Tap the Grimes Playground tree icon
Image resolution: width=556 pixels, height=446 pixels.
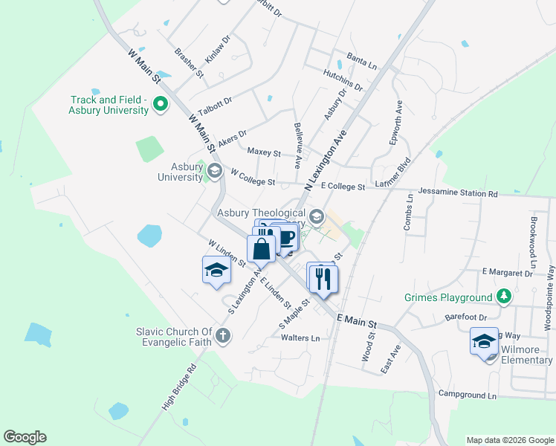(505, 297)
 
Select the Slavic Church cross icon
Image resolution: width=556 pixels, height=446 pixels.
(222, 337)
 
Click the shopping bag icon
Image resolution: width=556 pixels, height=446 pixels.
(262, 248)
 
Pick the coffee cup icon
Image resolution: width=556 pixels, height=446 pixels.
(286, 237)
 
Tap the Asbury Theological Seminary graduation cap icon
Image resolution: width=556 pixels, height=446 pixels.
(317, 217)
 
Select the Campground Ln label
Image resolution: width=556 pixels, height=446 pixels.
(467, 395)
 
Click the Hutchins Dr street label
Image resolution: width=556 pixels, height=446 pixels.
(343, 80)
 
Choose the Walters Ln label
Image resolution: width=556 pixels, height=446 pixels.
(300, 337)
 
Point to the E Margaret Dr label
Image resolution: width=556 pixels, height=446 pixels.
(507, 273)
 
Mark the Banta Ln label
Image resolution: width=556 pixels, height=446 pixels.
(362, 60)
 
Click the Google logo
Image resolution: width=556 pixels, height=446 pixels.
(25, 437)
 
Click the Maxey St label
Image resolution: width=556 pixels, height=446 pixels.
(264, 152)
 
